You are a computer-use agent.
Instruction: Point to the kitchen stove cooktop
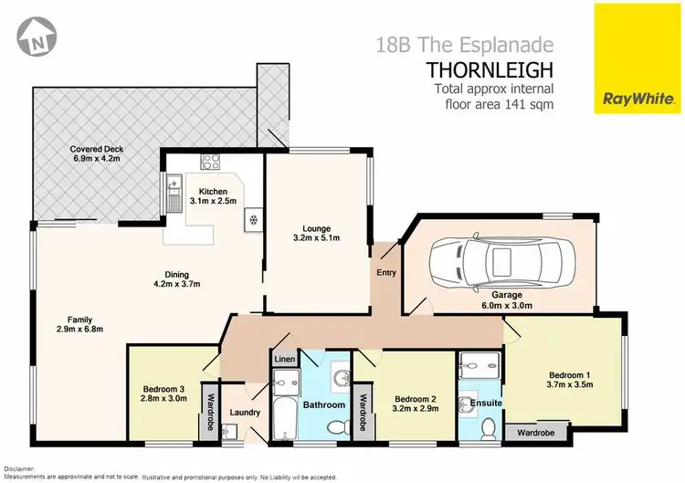(x=211, y=163)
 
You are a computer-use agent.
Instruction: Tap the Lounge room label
(x=317, y=228)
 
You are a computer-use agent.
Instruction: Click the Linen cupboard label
(x=284, y=361)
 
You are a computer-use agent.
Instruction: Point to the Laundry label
(x=246, y=413)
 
